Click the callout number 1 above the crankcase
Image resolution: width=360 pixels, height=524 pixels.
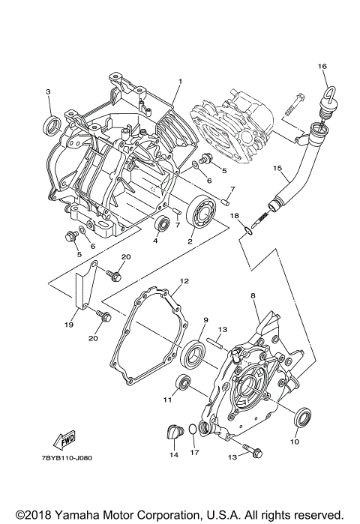click(180, 81)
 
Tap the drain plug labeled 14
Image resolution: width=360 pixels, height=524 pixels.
click(173, 433)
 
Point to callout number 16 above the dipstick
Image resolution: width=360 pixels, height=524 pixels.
click(322, 67)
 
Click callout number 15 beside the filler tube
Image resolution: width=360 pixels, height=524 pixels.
click(277, 168)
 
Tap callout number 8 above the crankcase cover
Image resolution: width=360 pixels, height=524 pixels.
click(253, 296)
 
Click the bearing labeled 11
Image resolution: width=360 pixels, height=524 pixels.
click(182, 384)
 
